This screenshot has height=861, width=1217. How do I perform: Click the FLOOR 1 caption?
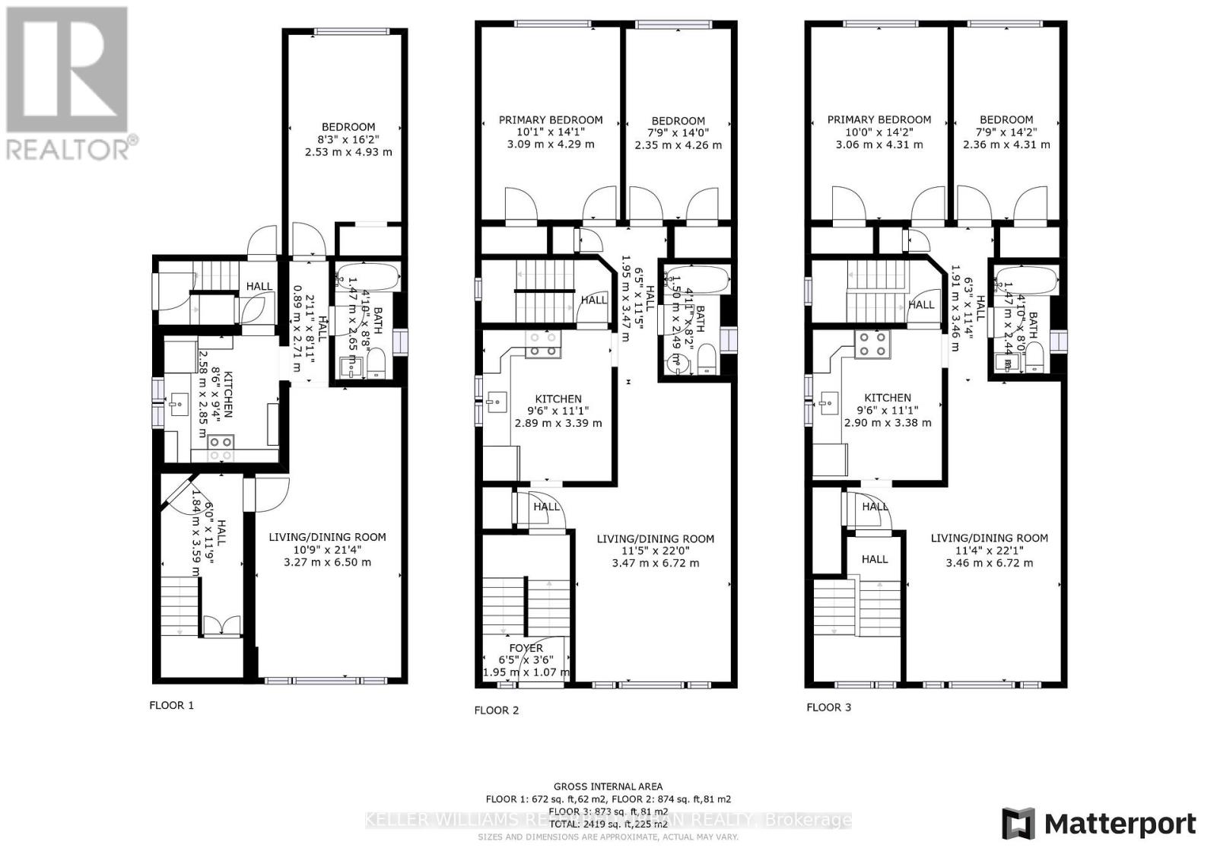(x=171, y=705)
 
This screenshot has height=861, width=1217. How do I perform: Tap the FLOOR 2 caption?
(x=496, y=710)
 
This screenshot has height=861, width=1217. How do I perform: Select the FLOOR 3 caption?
(x=828, y=707)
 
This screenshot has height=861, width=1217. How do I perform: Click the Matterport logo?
(x=1098, y=824)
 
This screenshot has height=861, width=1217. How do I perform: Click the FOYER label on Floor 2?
(x=526, y=648)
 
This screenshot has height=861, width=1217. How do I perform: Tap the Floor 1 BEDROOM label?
(x=348, y=127)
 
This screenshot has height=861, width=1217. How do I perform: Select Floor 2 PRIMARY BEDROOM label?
(x=551, y=119)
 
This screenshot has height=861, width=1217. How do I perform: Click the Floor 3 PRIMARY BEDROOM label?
(x=879, y=119)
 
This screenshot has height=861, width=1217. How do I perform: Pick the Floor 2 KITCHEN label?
(x=558, y=399)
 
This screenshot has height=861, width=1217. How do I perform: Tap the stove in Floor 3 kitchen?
(x=872, y=345)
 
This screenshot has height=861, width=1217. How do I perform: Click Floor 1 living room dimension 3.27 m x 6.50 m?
(x=327, y=562)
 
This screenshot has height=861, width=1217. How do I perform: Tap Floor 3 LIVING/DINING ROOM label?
(x=989, y=538)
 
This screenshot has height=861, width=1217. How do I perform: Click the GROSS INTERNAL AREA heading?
(x=608, y=786)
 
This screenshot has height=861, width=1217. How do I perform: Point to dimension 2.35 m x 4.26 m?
(x=678, y=145)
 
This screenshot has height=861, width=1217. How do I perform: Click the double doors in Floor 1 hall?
(x=221, y=627)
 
